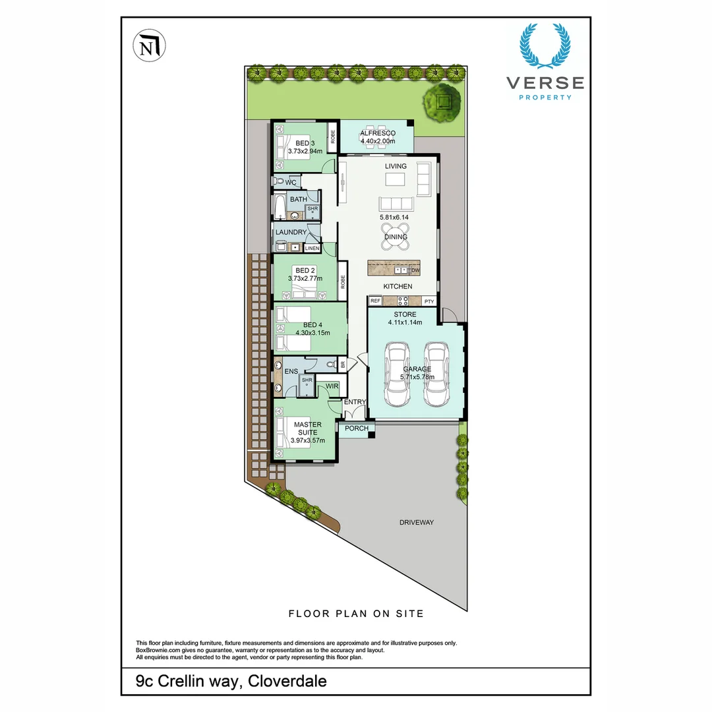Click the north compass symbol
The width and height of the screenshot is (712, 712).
(x=150, y=46)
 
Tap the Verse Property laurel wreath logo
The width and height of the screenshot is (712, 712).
(x=545, y=46)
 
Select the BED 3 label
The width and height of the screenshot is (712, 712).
(x=305, y=143)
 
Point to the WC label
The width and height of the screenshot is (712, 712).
(x=291, y=182)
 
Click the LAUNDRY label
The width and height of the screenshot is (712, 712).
(x=291, y=232)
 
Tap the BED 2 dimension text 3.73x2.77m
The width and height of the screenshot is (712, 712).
(x=305, y=279)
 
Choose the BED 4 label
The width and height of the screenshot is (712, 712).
(x=312, y=325)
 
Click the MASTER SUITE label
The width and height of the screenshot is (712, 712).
(x=307, y=429)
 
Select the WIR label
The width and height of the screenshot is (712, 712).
(x=332, y=386)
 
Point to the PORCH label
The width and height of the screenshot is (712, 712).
(x=357, y=429)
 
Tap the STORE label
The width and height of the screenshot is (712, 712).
(x=405, y=314)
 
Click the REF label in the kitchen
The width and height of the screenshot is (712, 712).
(x=375, y=301)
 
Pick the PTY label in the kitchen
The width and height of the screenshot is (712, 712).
(x=429, y=301)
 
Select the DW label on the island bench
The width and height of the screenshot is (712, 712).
(x=415, y=270)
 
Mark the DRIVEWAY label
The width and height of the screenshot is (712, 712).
(x=417, y=523)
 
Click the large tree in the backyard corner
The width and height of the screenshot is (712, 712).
(x=442, y=102)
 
